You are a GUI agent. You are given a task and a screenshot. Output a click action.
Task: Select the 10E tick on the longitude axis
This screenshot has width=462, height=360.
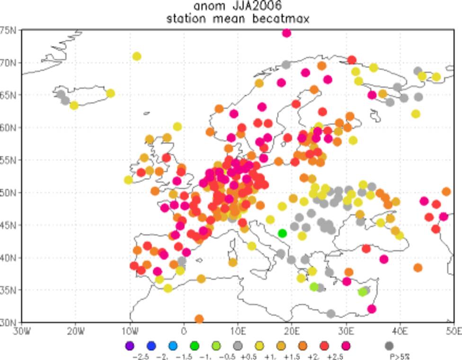point(238,330)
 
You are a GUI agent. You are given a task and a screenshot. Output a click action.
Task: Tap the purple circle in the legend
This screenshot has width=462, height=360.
point(130,346)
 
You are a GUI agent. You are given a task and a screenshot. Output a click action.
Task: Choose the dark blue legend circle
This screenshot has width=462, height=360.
point(151,346)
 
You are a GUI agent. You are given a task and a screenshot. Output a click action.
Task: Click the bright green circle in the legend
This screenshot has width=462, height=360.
point(195,346)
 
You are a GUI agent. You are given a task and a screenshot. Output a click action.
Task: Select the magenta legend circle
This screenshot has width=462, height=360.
point(346,346)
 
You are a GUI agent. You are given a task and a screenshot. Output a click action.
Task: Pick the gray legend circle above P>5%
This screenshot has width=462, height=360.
point(390,346)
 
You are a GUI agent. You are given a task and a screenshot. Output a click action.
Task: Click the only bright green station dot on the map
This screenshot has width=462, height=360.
point(282,233)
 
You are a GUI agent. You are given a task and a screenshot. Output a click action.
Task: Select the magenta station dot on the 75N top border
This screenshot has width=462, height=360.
point(286,33)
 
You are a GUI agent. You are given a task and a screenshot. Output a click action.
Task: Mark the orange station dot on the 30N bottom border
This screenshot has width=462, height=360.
point(199,319)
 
